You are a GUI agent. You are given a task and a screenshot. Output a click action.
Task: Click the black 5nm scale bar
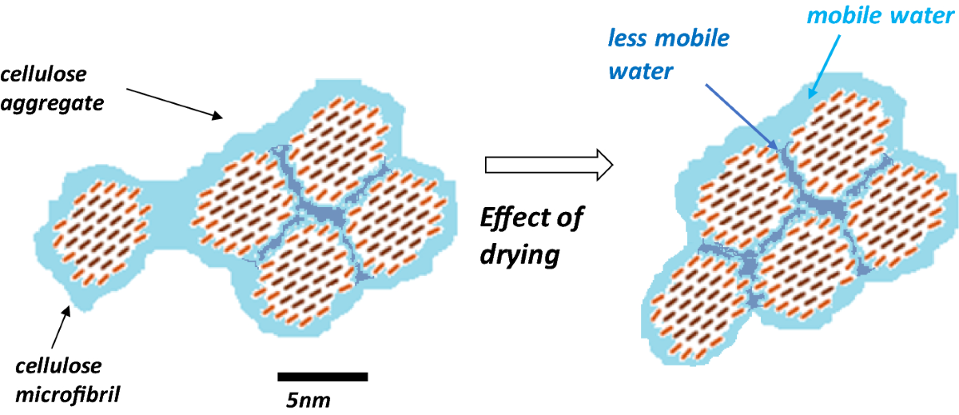coord(322,376)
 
